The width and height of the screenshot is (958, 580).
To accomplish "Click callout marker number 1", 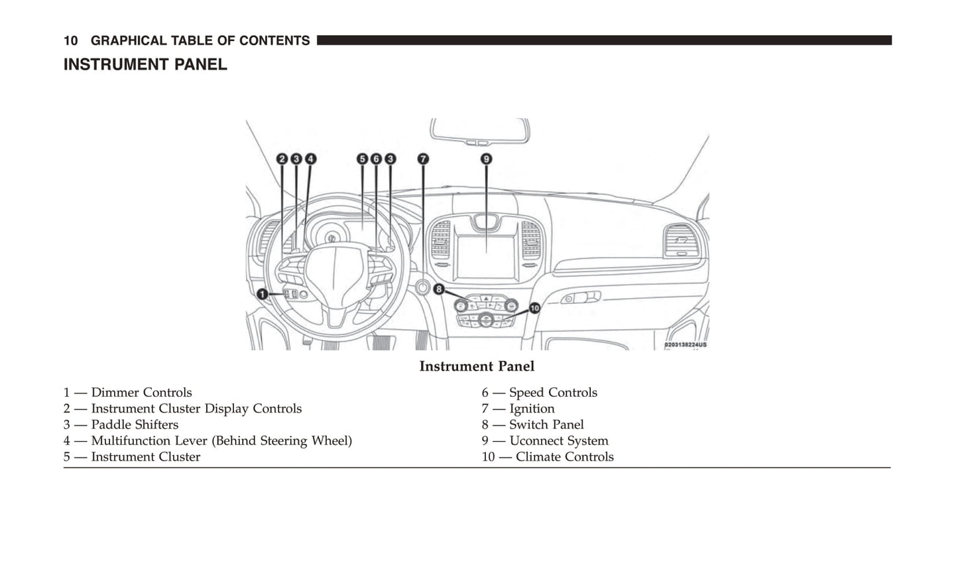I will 263,294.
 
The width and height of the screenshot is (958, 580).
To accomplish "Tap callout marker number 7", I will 423,159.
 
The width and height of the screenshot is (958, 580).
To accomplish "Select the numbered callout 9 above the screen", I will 486,159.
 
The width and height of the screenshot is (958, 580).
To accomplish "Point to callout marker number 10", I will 534,308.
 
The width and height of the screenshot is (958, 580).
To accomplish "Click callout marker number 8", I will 438,289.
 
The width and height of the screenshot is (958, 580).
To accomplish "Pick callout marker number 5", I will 362,159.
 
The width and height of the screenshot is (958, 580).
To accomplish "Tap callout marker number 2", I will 282,159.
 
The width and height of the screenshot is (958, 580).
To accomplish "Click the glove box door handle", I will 581,299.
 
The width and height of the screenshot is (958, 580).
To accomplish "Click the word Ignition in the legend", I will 532,409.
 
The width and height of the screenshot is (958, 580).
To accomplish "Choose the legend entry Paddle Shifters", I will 135,425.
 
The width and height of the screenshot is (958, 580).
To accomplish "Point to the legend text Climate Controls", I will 564,457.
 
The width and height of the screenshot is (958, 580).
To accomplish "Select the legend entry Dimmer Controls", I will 141,393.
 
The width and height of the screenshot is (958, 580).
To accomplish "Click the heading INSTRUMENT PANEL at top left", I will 145,65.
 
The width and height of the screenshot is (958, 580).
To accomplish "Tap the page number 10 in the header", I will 70,41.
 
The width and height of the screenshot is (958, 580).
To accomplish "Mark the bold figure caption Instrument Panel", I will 477,366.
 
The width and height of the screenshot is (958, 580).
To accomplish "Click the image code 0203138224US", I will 686,345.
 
